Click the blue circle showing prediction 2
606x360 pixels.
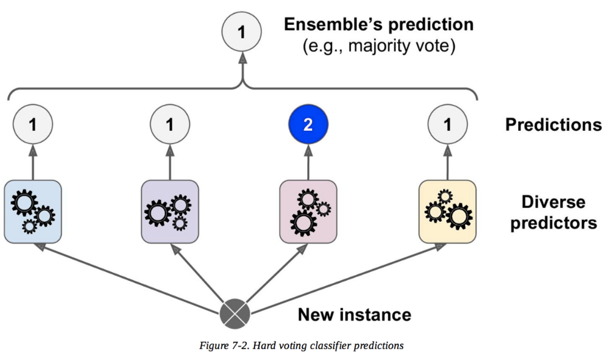pos(307,125)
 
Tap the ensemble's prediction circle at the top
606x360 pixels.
pos(242,32)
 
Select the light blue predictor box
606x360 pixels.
pos(33,212)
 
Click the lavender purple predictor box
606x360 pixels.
pos(170,212)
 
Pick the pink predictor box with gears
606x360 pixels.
pos(307,212)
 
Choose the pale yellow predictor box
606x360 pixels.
pos(447,212)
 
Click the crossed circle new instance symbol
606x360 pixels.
pos(234,314)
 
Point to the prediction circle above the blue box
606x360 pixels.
pos(33,125)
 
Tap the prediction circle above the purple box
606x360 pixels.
pos(170,125)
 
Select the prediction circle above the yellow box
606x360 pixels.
pos(447,125)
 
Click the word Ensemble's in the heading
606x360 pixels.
pos(333,25)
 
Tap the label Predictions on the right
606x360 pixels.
pos(553,125)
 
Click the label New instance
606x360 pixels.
pos(354,315)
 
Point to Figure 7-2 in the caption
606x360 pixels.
pos(227,346)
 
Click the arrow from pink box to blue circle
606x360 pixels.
pos(307,162)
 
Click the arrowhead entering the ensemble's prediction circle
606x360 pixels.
pos(242,58)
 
